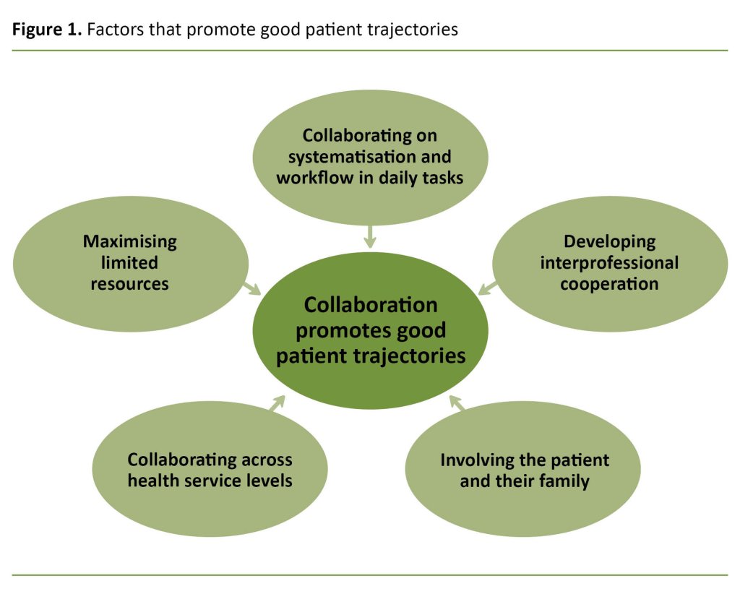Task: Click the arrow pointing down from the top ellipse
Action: click(x=370, y=236)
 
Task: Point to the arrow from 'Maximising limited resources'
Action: click(x=251, y=289)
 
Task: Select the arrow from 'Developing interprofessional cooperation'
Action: click(x=487, y=288)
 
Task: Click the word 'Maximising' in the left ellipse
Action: click(x=129, y=241)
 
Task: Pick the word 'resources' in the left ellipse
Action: click(x=129, y=284)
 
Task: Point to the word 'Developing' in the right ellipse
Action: click(x=609, y=241)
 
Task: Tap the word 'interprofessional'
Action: click(x=609, y=262)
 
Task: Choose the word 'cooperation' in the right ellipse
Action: click(x=609, y=284)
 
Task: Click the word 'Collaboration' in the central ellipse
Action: click(x=370, y=305)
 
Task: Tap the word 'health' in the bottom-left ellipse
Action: click(x=155, y=480)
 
